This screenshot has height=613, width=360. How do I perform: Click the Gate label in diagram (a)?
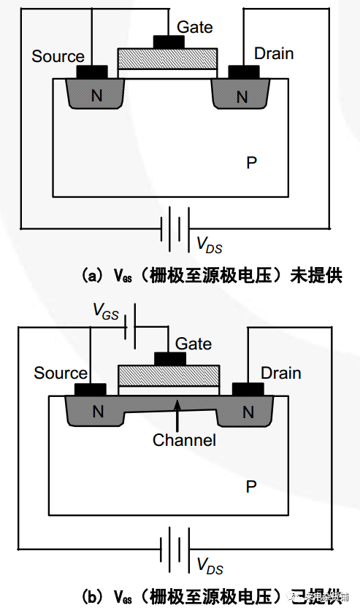195,27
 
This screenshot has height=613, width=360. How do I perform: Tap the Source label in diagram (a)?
58,56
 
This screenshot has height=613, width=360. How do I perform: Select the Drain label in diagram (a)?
274,53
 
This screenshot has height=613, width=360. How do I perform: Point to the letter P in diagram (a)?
251,163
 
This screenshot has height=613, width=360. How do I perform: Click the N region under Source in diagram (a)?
94,96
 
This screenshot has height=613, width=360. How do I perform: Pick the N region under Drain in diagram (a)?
242,96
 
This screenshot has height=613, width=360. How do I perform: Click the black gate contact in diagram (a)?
167,42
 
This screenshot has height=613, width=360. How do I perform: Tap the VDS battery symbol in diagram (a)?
176,228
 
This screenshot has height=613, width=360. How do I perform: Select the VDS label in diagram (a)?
210,244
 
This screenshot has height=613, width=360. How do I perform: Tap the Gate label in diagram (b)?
194,344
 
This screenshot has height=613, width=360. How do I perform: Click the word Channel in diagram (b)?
184,440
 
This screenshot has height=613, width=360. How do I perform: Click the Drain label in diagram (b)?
281,373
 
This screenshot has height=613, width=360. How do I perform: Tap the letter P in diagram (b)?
251,486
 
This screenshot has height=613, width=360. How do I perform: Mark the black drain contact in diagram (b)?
249,388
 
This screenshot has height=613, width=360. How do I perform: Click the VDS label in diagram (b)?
210,566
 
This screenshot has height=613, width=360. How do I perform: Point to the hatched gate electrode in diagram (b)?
168,374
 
